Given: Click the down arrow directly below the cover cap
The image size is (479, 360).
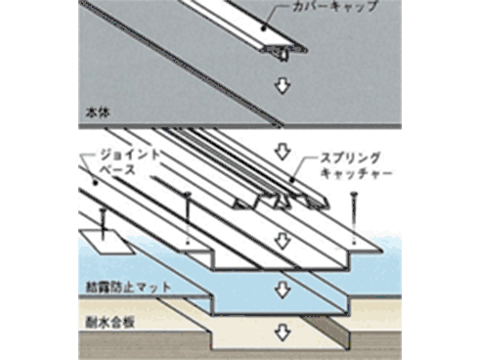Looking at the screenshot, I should pyautogui.click(x=283, y=86).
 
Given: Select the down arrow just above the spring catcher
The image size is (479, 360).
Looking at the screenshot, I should pyautogui.click(x=283, y=153).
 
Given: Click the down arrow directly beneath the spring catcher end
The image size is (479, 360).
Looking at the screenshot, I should pyautogui.click(x=283, y=239).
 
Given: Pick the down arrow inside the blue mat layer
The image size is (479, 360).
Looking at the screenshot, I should pyautogui.click(x=283, y=290).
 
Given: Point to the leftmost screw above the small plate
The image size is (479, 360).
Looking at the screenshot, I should pyautogui.click(x=102, y=218).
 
